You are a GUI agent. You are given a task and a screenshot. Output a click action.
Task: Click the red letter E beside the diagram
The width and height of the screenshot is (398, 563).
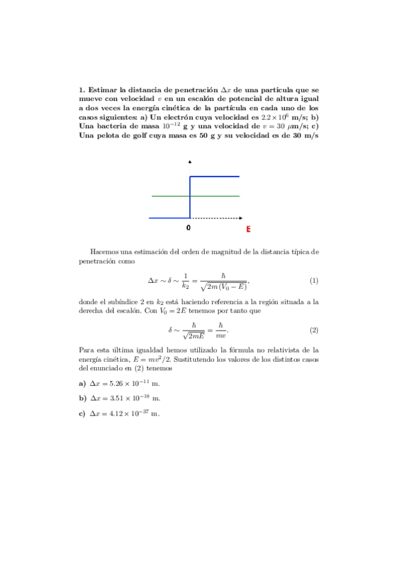[x=248, y=229]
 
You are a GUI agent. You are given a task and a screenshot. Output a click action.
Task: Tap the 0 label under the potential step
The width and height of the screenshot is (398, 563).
[x=188, y=227]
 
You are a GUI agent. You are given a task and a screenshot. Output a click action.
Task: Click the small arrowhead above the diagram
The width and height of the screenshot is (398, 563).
[x=191, y=162]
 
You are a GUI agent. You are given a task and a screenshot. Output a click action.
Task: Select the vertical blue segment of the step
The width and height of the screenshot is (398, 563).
[x=191, y=197]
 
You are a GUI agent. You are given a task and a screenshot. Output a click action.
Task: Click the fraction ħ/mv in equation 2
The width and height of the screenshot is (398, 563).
[x=220, y=330]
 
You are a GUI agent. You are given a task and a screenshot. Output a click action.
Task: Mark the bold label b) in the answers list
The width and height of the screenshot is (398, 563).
[x=82, y=398]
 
